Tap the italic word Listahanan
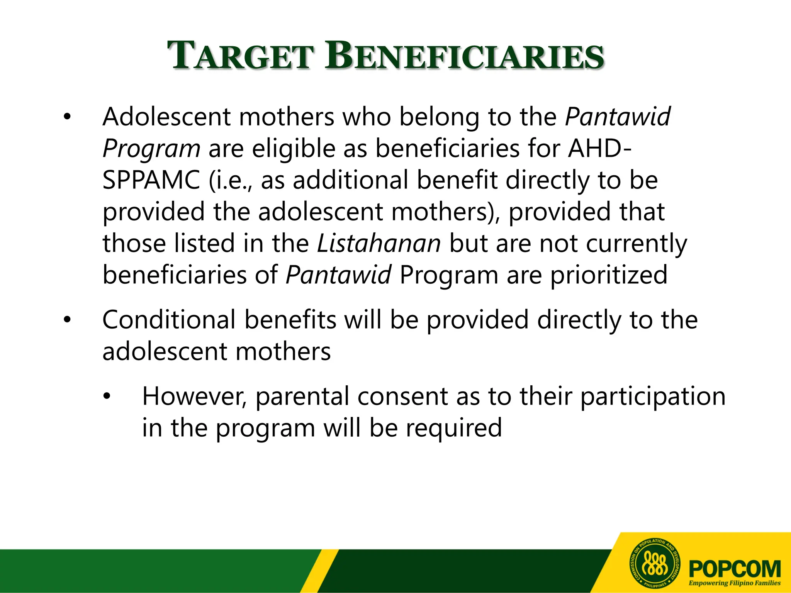click(x=379, y=244)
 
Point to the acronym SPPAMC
click(x=151, y=180)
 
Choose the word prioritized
click(x=609, y=275)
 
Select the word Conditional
click(x=169, y=320)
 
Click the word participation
click(x=653, y=397)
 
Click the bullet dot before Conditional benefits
click(x=68, y=320)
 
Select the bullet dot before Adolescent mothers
click(x=68, y=117)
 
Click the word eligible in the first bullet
click(x=294, y=149)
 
